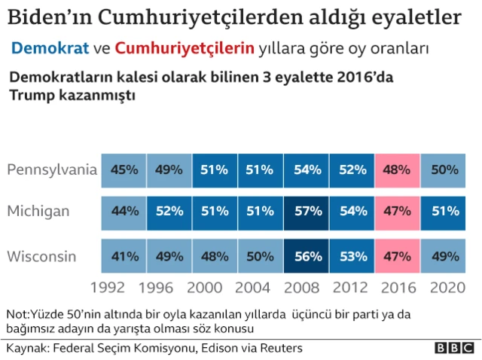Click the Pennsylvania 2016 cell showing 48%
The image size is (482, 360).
pos(397,170)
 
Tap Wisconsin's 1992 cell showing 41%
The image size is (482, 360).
pos(124,257)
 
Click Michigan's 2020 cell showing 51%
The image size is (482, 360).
pos(443,212)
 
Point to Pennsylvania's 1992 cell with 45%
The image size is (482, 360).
pos(124,170)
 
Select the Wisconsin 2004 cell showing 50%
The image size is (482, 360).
pos(261,257)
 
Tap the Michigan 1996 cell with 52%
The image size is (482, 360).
pos(169,212)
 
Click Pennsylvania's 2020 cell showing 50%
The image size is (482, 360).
pos(443,170)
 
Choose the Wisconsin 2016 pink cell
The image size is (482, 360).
pos(397,257)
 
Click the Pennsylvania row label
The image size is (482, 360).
pos(52,169)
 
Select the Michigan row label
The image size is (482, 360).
pos(39,212)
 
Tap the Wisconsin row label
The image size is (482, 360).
pos(42,257)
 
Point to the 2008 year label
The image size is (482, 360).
pos(306,288)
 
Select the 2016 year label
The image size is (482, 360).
pos(395,288)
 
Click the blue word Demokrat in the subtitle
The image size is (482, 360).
pos(50,49)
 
